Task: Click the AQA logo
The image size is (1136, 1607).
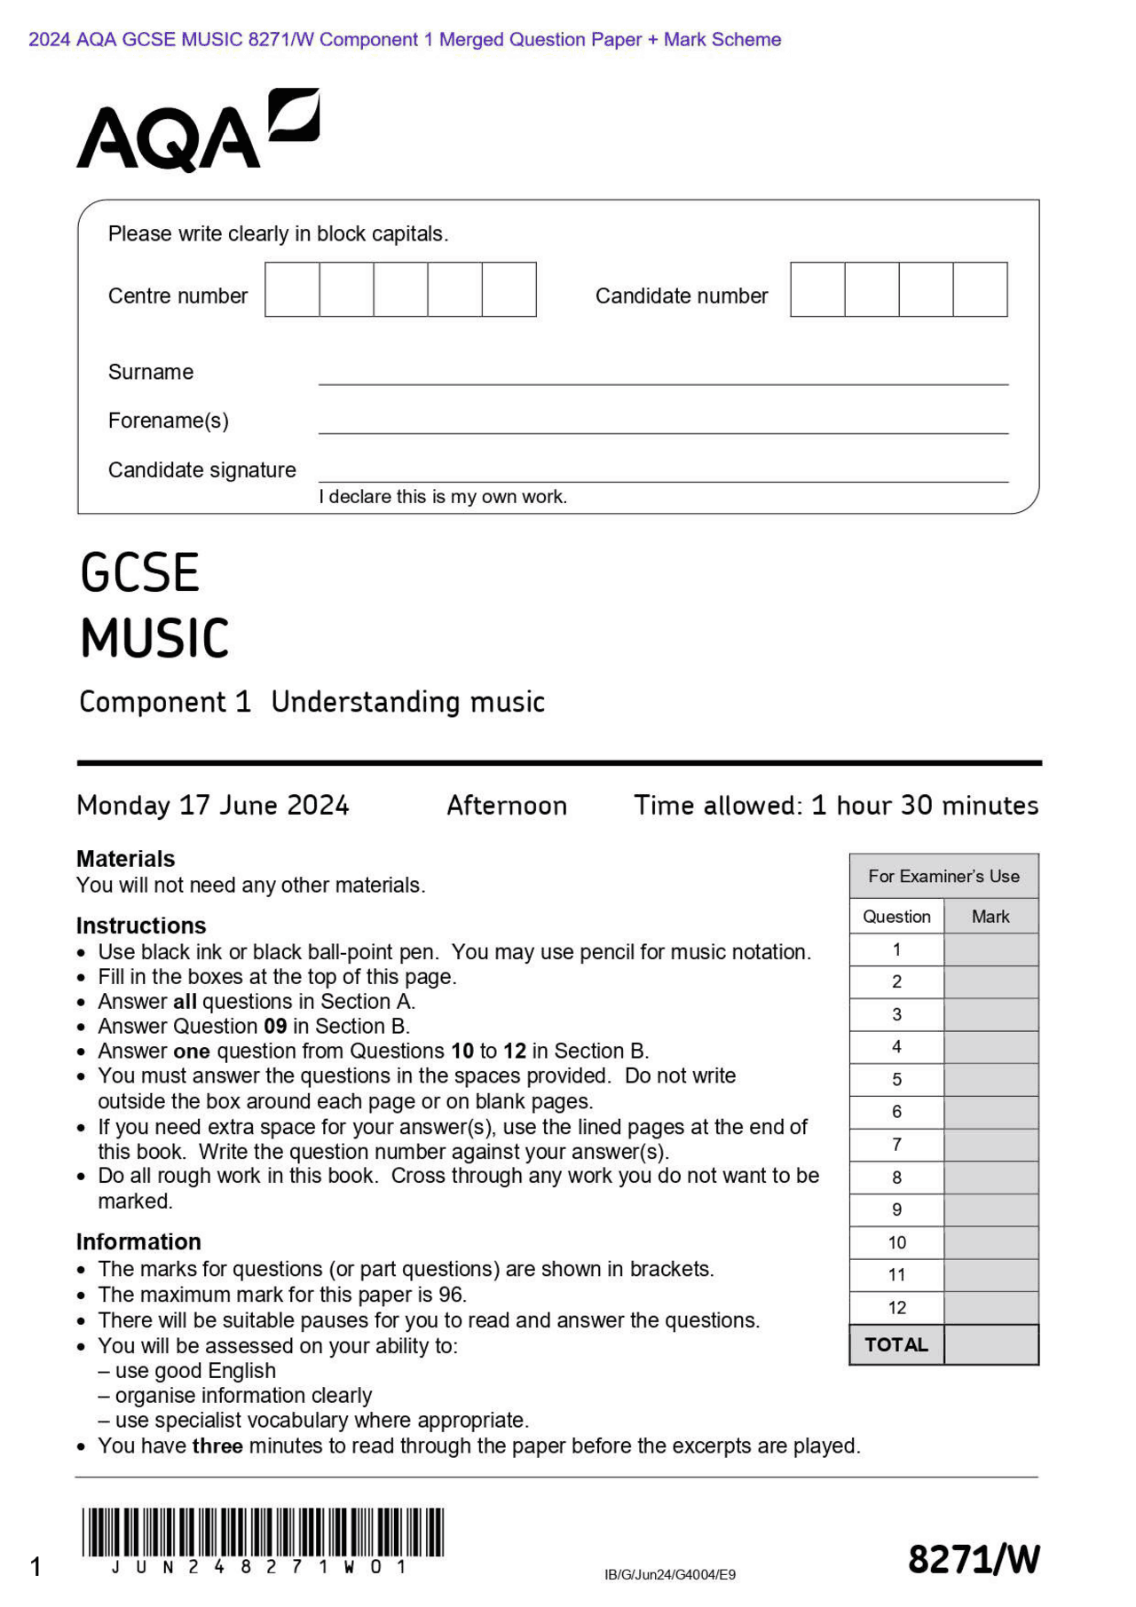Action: [x=197, y=130]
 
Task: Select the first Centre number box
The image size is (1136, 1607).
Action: [x=292, y=289]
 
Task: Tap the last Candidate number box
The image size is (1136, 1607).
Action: [x=980, y=289]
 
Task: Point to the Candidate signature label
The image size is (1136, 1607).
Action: [x=201, y=470]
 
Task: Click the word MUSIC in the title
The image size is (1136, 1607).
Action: [x=155, y=638]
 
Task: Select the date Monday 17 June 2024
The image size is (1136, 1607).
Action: [x=213, y=806]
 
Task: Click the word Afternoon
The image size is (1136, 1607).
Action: [x=506, y=806]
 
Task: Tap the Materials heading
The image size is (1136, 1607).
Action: [x=125, y=859]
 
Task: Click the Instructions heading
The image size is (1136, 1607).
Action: [x=140, y=926]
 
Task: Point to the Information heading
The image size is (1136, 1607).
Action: [x=138, y=1241]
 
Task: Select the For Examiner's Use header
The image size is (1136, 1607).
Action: [x=943, y=876]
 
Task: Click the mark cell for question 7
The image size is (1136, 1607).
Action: [x=990, y=1145]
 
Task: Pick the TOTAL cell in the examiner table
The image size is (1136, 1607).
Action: [x=896, y=1344]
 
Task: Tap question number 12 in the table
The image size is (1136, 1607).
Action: [x=896, y=1307]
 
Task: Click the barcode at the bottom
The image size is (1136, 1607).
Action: [x=263, y=1532]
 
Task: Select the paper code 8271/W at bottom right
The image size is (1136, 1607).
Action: [x=973, y=1559]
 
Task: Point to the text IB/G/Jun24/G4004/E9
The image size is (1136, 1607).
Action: [x=669, y=1575]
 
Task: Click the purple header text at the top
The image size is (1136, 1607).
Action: [x=405, y=39]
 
